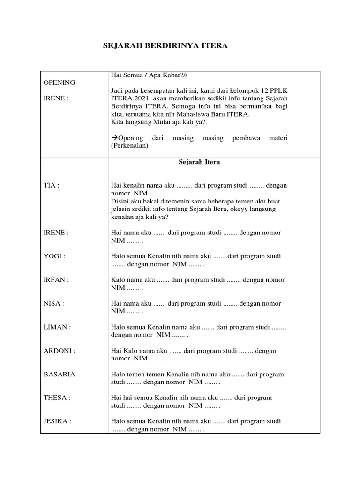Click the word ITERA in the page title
[x=215, y=46]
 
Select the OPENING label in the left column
[x=59, y=82]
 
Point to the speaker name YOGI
[x=53, y=256]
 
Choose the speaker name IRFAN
[x=55, y=280]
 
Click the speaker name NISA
[x=53, y=303]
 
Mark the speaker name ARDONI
[x=59, y=351]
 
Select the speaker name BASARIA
[x=59, y=375]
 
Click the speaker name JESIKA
[x=57, y=421]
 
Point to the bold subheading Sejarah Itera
[x=199, y=162]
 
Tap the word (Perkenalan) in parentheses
[x=129, y=146]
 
